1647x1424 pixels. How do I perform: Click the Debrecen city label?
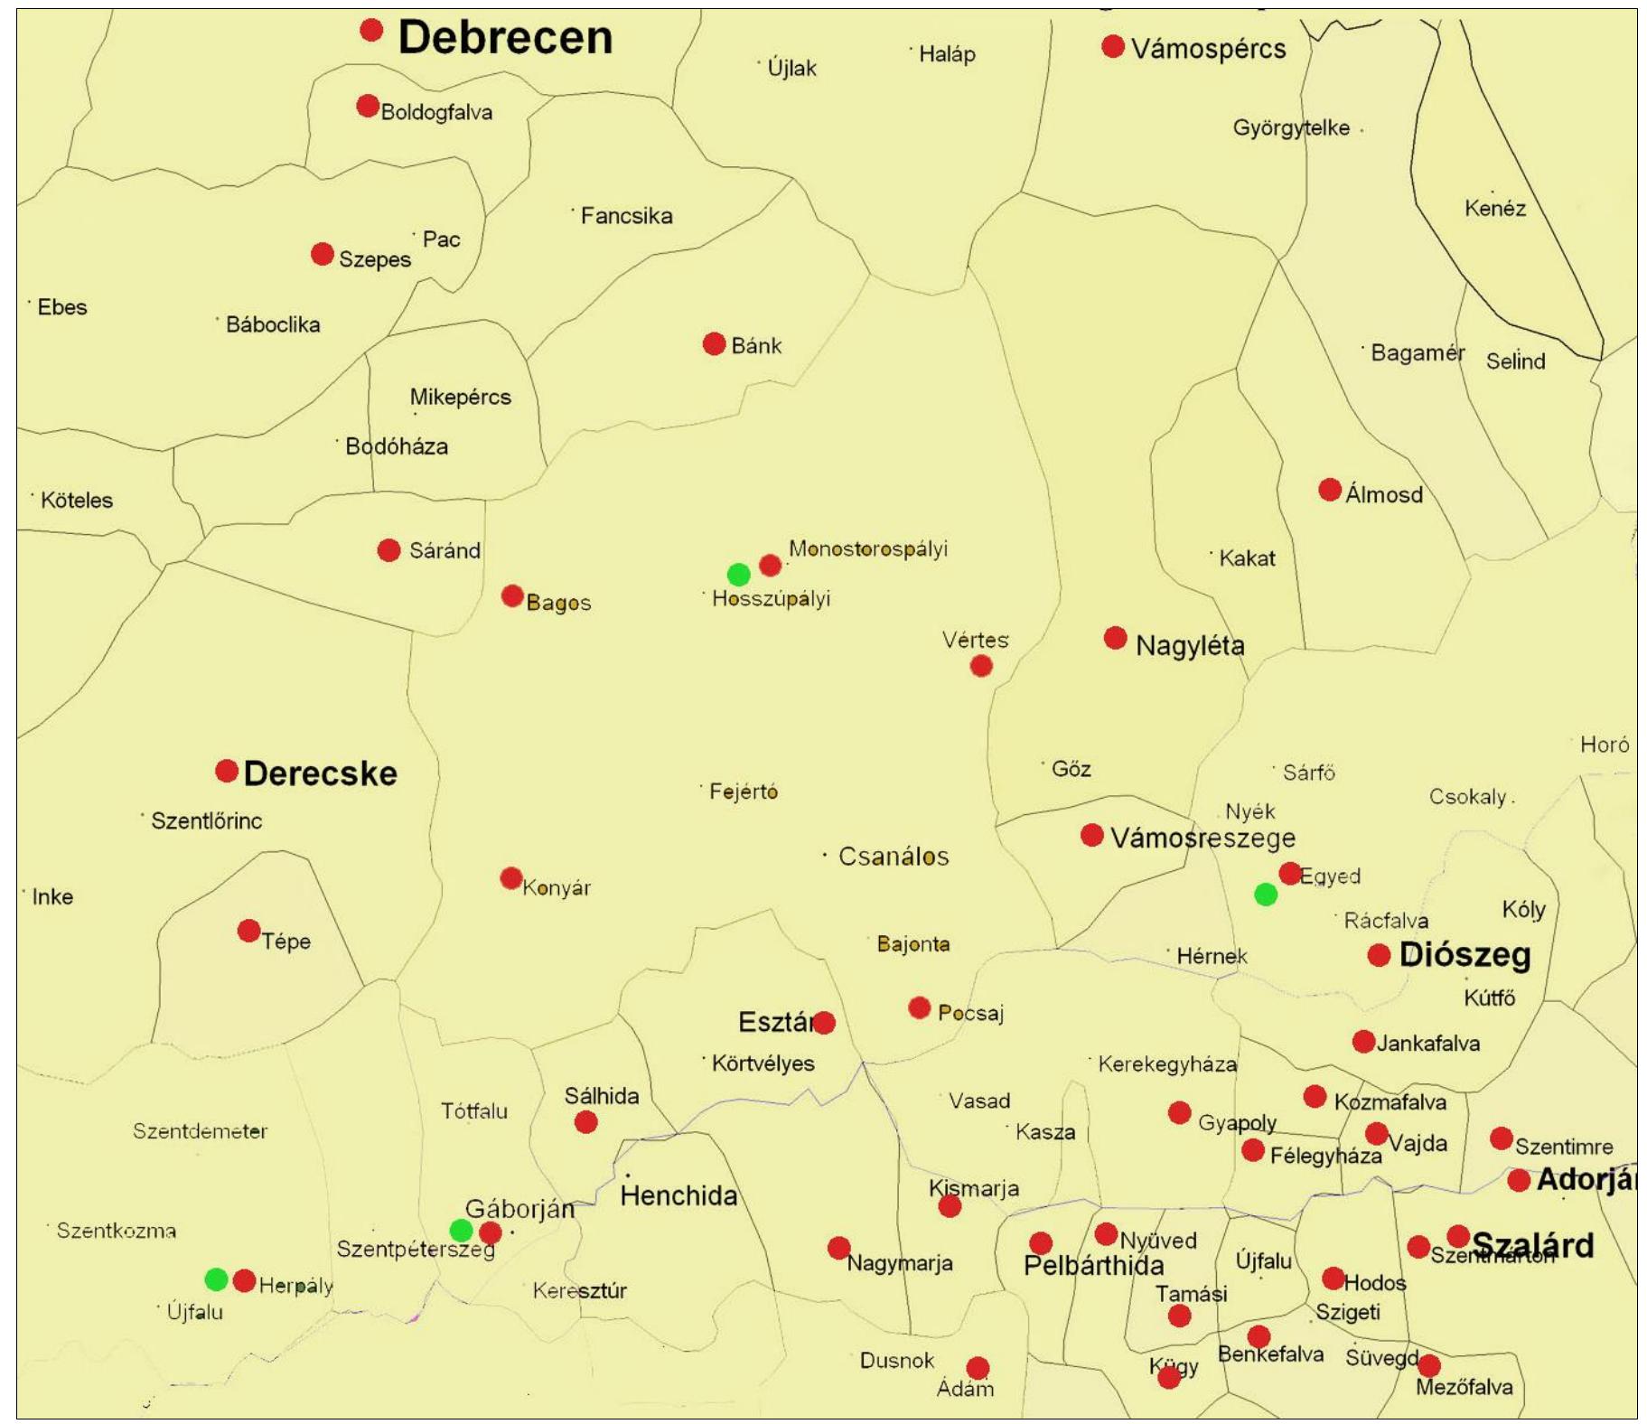tap(504, 38)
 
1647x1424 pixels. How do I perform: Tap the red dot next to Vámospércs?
tap(1112, 46)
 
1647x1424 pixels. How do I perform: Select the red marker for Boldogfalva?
tap(367, 107)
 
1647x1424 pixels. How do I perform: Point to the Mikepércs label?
tap(460, 397)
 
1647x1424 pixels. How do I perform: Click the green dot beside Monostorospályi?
tap(738, 575)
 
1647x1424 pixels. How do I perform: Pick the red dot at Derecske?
tap(226, 772)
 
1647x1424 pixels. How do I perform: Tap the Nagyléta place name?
tap(1189, 645)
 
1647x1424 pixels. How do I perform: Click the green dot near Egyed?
tap(1265, 895)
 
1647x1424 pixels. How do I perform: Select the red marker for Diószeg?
tap(1378, 955)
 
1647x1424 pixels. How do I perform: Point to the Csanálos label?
tap(893, 856)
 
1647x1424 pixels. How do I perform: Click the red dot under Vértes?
tap(980, 666)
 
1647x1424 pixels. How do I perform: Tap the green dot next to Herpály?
tap(216, 1279)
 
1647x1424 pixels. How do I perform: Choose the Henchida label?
tap(678, 1195)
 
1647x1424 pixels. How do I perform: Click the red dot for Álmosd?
tap(1329, 490)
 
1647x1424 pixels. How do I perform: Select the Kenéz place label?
tap(1494, 209)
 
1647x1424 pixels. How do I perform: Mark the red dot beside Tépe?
tap(248, 931)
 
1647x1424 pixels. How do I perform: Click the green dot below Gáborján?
tap(461, 1230)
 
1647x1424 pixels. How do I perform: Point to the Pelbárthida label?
tap(1093, 1265)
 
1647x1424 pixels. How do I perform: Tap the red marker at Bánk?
tap(714, 344)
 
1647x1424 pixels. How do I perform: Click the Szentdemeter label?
tap(200, 1131)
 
